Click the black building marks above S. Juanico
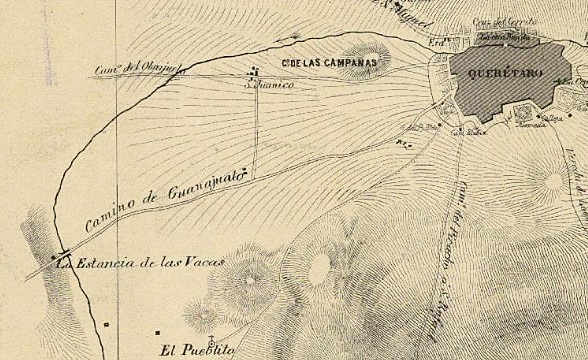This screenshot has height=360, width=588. pyautogui.click(x=256, y=71)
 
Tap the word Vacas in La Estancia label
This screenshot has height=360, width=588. pyautogui.click(x=202, y=263)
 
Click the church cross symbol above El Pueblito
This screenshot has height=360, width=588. pyautogui.click(x=211, y=337)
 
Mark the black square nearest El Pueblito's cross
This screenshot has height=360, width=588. pyautogui.click(x=157, y=331)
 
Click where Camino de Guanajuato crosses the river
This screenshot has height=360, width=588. pyautogui.click(x=62, y=255)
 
